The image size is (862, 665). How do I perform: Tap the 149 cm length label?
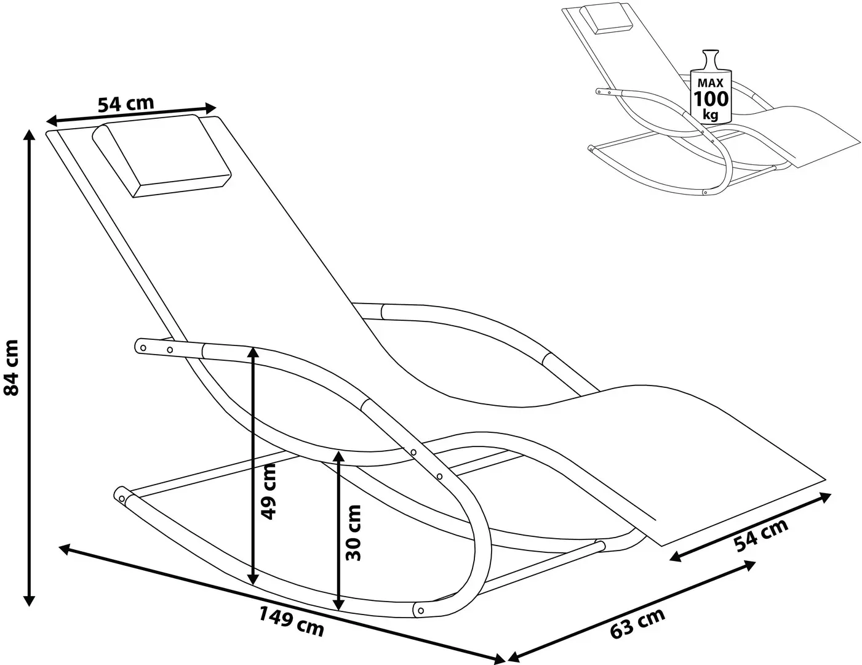pos(291,620)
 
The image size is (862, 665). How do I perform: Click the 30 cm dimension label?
pos(353,533)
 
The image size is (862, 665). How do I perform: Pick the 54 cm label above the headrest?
pos(126,104)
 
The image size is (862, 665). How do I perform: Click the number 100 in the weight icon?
pos(711,99)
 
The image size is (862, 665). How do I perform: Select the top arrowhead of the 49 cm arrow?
pos(253,351)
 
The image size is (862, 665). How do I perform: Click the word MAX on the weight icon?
pos(711,82)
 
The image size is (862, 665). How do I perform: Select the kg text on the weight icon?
pos(711,114)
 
